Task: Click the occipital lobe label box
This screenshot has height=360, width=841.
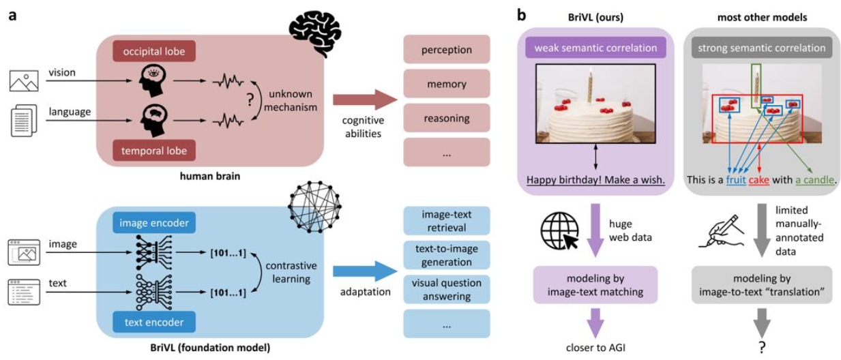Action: point(154,52)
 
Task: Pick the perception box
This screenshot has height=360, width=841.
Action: point(447,50)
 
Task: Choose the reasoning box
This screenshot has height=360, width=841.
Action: point(447,118)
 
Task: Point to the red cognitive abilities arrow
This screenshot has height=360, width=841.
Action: point(364,99)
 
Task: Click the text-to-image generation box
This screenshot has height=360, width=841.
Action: point(447,255)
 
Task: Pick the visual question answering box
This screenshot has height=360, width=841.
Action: point(447,290)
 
